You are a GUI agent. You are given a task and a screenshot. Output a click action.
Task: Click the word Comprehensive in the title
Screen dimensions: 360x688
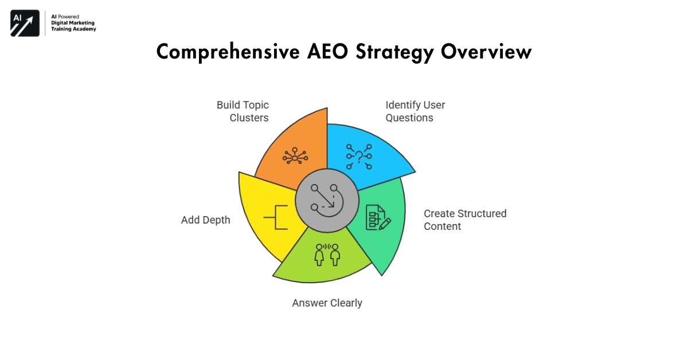tap(224, 52)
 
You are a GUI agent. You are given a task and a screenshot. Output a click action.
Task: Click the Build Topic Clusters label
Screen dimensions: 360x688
tap(242, 111)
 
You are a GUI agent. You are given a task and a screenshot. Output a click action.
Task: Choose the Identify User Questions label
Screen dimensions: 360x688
tap(415, 111)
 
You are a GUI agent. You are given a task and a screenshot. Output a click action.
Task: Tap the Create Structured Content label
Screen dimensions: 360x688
tap(464, 220)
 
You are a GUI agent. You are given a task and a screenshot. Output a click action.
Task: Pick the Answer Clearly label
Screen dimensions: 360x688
tap(327, 303)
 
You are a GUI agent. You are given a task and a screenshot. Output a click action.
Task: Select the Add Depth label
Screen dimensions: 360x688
tap(205, 220)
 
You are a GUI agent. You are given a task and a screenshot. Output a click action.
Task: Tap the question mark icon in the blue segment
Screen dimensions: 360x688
tap(359, 156)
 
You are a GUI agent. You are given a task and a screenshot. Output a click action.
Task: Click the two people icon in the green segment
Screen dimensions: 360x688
tap(327, 254)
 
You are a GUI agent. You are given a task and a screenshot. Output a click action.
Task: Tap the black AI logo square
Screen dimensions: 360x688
tap(25, 23)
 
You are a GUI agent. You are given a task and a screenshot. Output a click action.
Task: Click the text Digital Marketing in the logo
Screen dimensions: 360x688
tap(72, 23)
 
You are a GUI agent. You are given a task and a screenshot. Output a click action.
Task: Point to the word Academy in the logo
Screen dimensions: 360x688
tap(84, 29)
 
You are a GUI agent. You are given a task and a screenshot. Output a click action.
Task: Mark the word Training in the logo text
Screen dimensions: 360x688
tap(61, 29)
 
